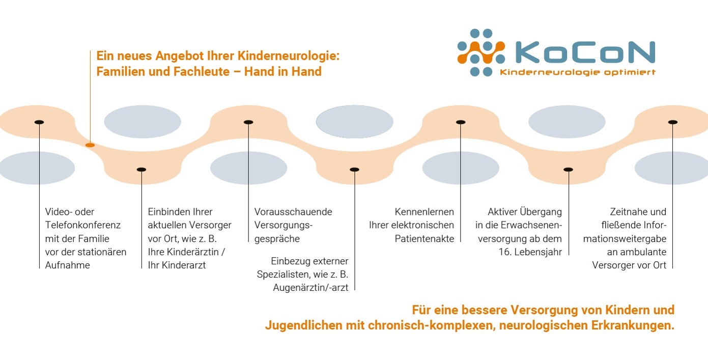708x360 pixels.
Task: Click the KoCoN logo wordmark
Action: [585, 52]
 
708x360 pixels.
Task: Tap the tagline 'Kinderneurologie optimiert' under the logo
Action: [578, 72]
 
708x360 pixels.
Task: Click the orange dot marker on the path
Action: [90, 145]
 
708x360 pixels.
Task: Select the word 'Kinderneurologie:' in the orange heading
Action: [288, 56]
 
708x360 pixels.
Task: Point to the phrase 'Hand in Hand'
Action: [283, 71]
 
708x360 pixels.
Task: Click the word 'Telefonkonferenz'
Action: [83, 225]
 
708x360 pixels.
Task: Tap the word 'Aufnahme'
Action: [67, 265]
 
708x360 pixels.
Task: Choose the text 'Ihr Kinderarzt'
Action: [177, 265]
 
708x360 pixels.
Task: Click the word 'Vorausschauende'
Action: [293, 212]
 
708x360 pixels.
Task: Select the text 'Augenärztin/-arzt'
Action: [310, 288]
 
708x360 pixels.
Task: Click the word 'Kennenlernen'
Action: [424, 212]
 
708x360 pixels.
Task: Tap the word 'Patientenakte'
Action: [424, 239]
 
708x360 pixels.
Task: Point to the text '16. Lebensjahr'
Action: [530, 252]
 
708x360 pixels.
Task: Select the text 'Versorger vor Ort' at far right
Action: [629, 265]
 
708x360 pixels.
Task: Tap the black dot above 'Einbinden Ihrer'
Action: [141, 170]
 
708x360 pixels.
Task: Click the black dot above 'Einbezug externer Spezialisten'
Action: [355, 170]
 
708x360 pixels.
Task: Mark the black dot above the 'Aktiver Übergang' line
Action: [569, 170]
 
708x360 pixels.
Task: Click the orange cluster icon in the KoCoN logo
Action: [481, 52]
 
